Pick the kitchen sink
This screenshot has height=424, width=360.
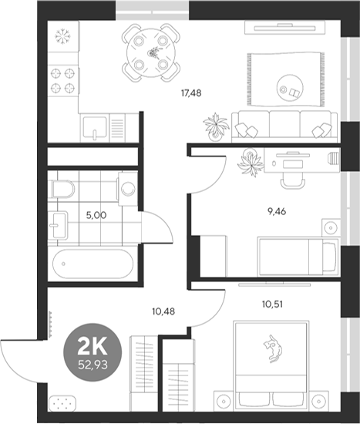95,126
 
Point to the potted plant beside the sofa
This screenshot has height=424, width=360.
216,123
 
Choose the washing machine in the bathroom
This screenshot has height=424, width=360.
127,188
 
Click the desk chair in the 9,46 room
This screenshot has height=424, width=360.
291,177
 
